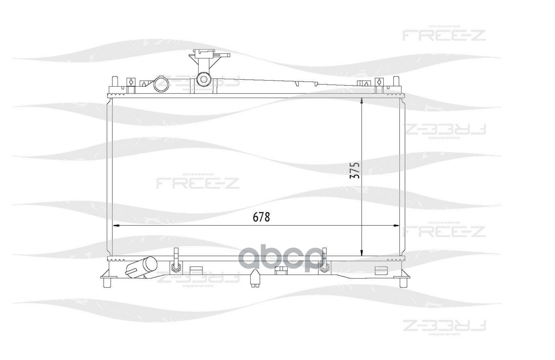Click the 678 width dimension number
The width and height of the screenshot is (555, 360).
pos(261,217)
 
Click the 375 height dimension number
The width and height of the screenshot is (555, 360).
pos(355,171)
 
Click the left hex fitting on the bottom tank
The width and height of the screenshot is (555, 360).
pos(176,267)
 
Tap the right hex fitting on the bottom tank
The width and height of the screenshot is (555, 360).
pos(323,268)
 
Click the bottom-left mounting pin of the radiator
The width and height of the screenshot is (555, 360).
pos(107,282)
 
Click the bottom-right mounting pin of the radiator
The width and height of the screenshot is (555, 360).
pos(404,282)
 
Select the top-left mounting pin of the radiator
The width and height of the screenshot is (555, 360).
pos(114,82)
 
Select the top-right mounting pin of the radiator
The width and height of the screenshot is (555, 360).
pos(395,82)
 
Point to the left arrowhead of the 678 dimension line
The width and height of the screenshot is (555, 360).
pos(115,225)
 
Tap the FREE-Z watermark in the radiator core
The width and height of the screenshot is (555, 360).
pos(197,183)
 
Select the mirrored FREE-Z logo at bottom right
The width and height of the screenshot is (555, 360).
pos(444,325)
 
